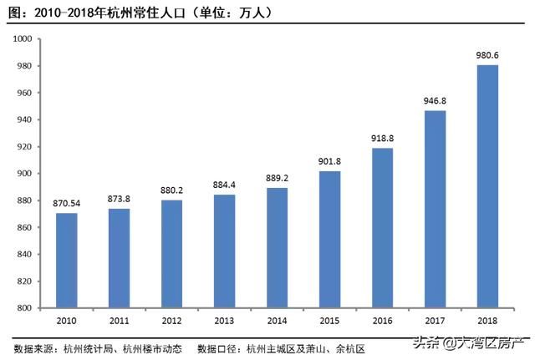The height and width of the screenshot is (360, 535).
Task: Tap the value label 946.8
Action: (435, 100)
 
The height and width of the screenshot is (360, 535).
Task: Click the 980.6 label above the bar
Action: (488, 55)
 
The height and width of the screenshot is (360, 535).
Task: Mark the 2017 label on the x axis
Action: (436, 321)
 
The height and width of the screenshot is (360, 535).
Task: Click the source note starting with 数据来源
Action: (96, 347)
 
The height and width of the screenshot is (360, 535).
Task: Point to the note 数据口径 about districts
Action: (280, 347)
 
